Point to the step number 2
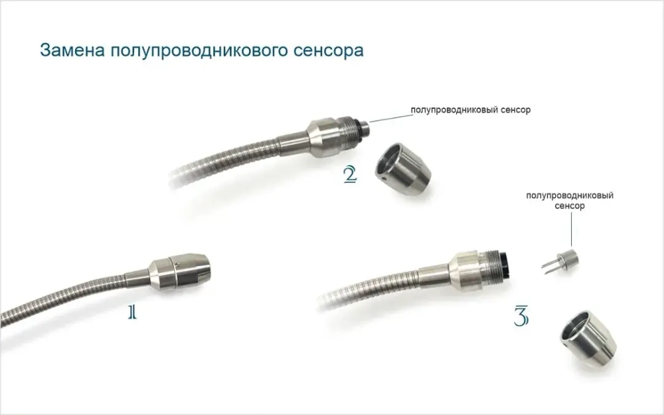pyautogui.click(x=350, y=175)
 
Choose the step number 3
pyautogui.click(x=521, y=317)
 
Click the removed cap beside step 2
pyautogui.click(x=403, y=171)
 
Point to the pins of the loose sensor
pyautogui.click(x=549, y=266)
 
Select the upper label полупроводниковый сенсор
pyautogui.click(x=471, y=110)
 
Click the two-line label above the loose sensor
pyautogui.click(x=569, y=201)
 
